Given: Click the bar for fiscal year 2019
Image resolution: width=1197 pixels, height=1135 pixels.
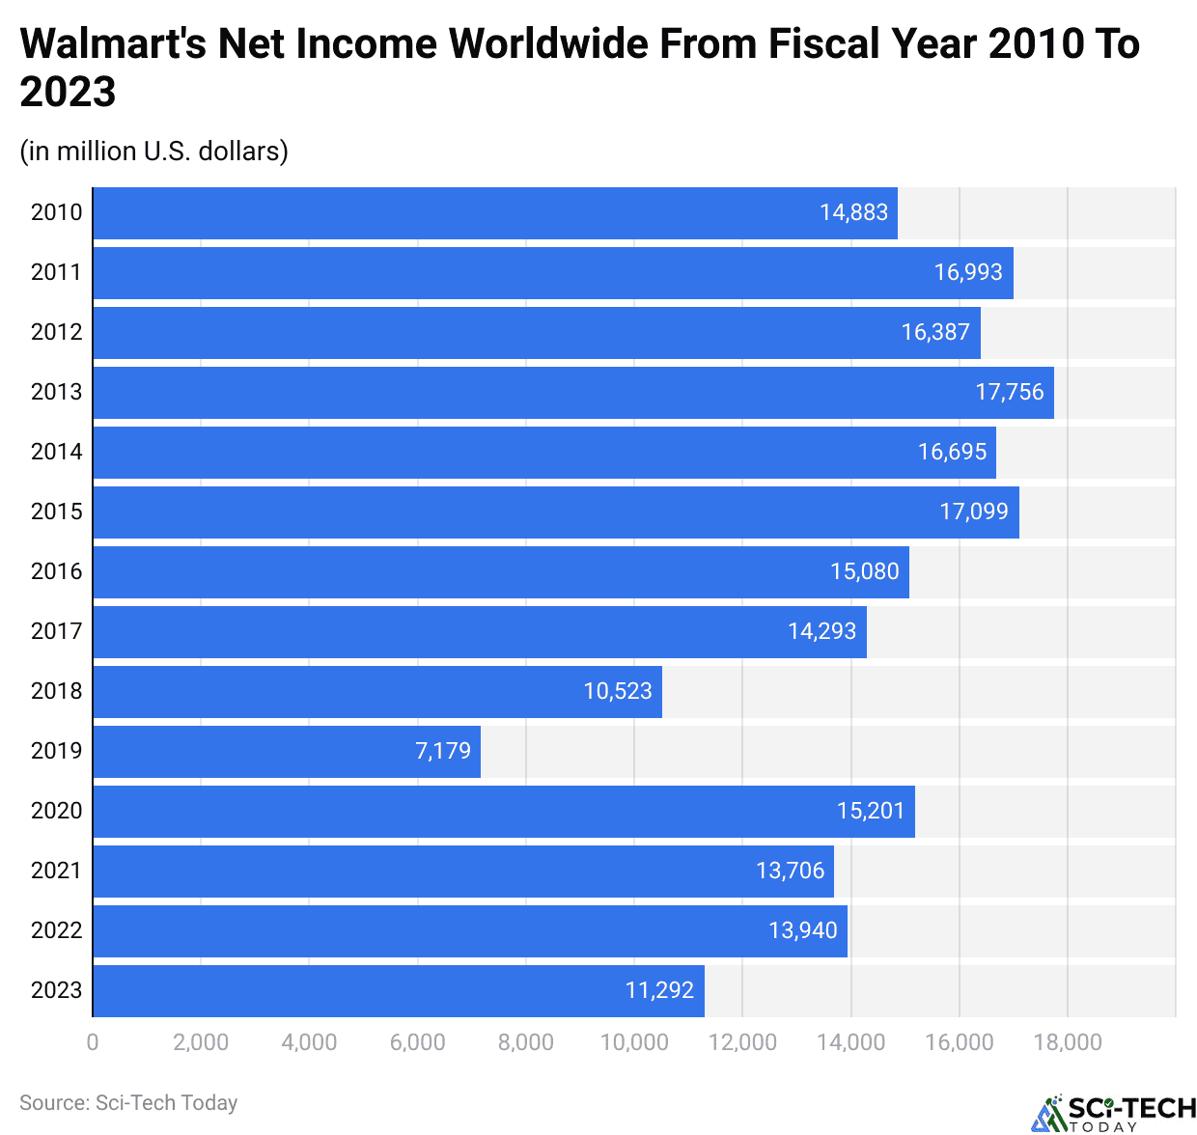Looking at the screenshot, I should tap(287, 751).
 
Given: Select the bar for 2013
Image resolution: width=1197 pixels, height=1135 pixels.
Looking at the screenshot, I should tap(573, 392).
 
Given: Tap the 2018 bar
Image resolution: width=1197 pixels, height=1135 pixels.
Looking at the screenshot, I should tap(377, 691).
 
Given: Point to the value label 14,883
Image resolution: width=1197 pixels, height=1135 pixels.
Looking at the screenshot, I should tap(853, 212).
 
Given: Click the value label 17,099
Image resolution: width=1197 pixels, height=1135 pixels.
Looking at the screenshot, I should tap(973, 512).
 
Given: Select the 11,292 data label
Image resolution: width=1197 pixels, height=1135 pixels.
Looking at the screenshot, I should tap(659, 990).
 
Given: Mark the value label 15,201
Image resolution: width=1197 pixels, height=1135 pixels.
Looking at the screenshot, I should tap(870, 811).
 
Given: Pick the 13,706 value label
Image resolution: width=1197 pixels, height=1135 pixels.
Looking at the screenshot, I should tap(790, 871).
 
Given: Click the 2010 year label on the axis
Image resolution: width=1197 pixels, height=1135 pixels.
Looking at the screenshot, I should tap(56, 212).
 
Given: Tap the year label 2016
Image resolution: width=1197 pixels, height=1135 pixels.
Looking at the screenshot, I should tap(56, 571).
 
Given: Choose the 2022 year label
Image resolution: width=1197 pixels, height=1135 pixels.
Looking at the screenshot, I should tap(56, 930).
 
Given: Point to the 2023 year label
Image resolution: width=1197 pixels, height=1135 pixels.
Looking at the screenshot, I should tap(56, 990).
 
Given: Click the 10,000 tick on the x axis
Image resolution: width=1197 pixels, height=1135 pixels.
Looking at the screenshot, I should tap(634, 1042).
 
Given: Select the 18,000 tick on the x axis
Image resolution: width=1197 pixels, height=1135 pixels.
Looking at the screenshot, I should tap(1067, 1042).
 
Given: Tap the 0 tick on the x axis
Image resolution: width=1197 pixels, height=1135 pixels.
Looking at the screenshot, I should tap(93, 1042).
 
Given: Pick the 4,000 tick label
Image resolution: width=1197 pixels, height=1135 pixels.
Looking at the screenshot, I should tap(309, 1042).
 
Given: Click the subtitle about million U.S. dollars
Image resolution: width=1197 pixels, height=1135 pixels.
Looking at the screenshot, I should tap(154, 152).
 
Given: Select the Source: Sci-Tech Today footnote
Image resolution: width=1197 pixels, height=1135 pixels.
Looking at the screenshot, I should tap(128, 1102).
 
